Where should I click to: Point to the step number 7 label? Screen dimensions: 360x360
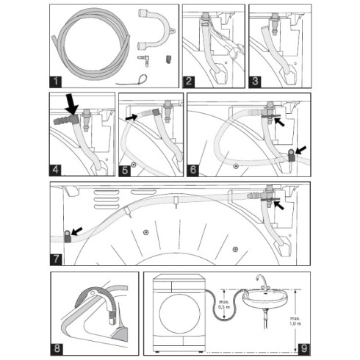(x=57, y=258)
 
